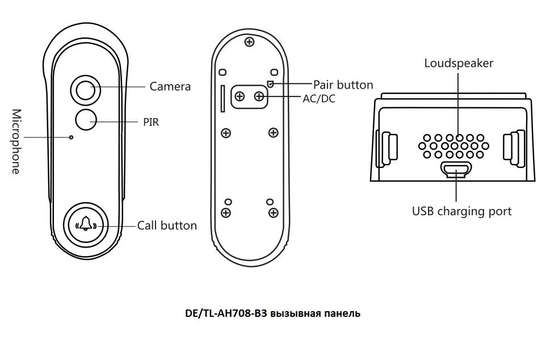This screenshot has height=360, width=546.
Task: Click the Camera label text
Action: pyautogui.click(x=170, y=86)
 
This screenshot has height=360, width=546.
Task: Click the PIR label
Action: pyautogui.click(x=151, y=121)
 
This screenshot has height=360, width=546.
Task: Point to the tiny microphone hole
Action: pyautogui.click(x=72, y=137)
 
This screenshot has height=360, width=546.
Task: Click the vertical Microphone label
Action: pyautogui.click(x=16, y=141)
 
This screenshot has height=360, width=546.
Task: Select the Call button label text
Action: pyautogui.click(x=167, y=225)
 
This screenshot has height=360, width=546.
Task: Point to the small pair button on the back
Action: pyautogui.click(x=271, y=84)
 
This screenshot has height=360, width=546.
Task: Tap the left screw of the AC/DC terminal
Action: pyautogui.click(x=240, y=97)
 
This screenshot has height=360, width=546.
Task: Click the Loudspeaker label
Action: pyautogui.click(x=459, y=62)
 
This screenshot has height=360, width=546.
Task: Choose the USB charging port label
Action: pyautogui.click(x=461, y=211)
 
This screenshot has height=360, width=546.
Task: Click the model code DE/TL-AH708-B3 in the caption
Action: pyautogui.click(x=226, y=313)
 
